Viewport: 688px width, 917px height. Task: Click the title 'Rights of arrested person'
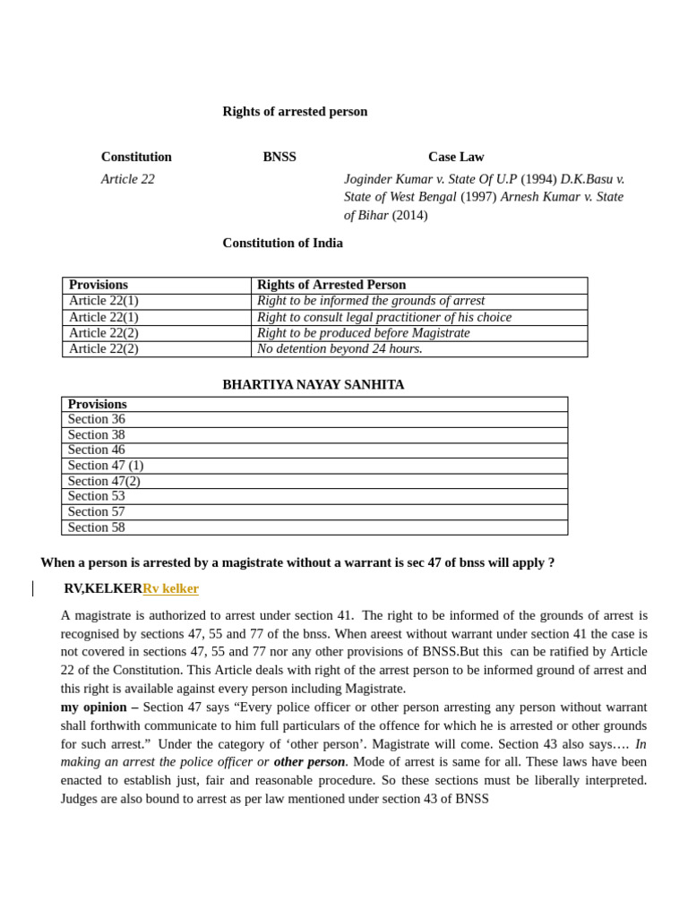coord(295,112)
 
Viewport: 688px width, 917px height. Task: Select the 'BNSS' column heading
coord(279,157)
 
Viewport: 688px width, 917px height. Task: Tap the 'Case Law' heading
coord(456,157)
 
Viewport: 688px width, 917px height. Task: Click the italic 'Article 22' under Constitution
coord(128,179)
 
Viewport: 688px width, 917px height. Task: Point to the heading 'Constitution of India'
coord(282,243)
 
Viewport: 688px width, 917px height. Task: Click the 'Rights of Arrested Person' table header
coord(331,285)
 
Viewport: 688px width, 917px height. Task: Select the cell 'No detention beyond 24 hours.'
coord(340,348)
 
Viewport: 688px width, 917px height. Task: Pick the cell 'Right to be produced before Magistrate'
coord(363,333)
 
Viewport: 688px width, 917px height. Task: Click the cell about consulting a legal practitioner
coord(384,317)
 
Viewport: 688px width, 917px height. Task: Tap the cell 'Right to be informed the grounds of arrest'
coord(371,301)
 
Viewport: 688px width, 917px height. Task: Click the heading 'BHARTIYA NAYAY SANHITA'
coord(314,384)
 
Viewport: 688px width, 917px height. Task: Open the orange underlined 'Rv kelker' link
coord(170,588)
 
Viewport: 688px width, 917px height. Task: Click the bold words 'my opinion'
coord(94,707)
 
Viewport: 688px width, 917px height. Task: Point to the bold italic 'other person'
coord(309,761)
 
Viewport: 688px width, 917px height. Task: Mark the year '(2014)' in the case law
coord(409,215)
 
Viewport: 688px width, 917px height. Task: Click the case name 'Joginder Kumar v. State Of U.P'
coord(430,179)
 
